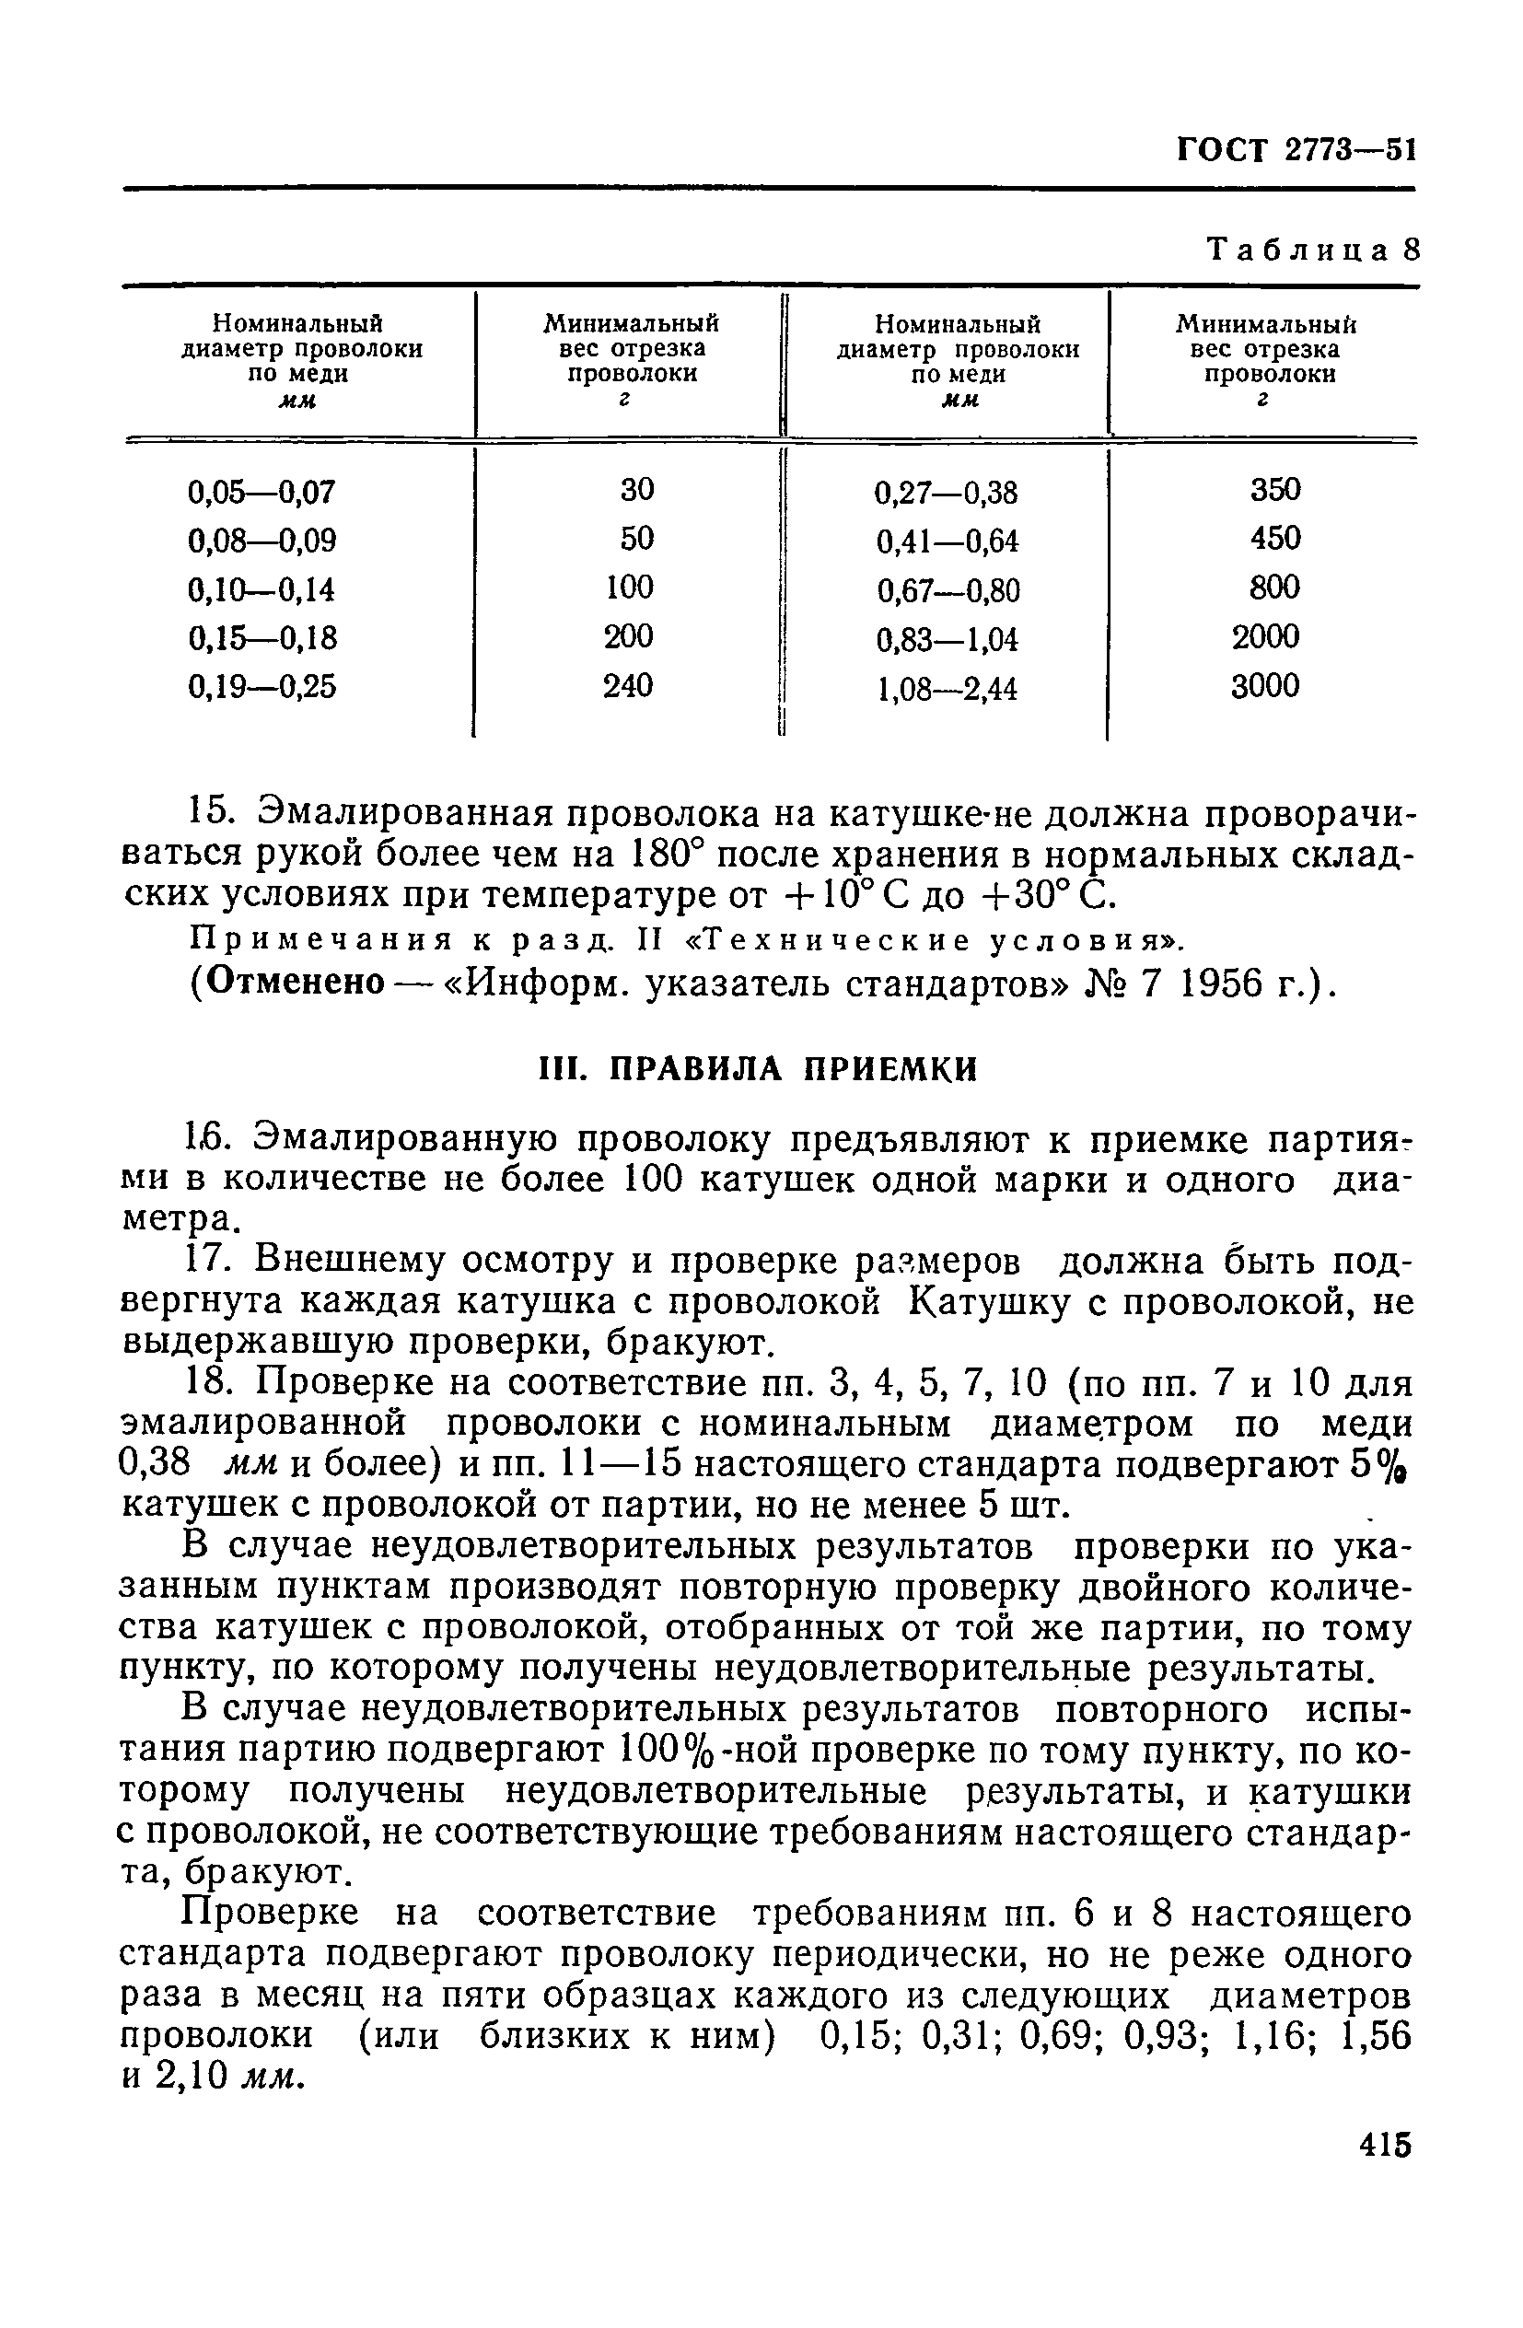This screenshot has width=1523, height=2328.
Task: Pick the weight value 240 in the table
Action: coord(627,686)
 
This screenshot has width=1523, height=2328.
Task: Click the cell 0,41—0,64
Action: coord(947,541)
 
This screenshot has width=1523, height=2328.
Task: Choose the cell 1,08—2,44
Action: coord(947,690)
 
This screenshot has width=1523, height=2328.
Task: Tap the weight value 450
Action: coord(1274,538)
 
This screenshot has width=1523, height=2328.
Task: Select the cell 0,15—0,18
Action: coord(262,639)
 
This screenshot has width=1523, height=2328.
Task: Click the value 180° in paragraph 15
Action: coord(656,855)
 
